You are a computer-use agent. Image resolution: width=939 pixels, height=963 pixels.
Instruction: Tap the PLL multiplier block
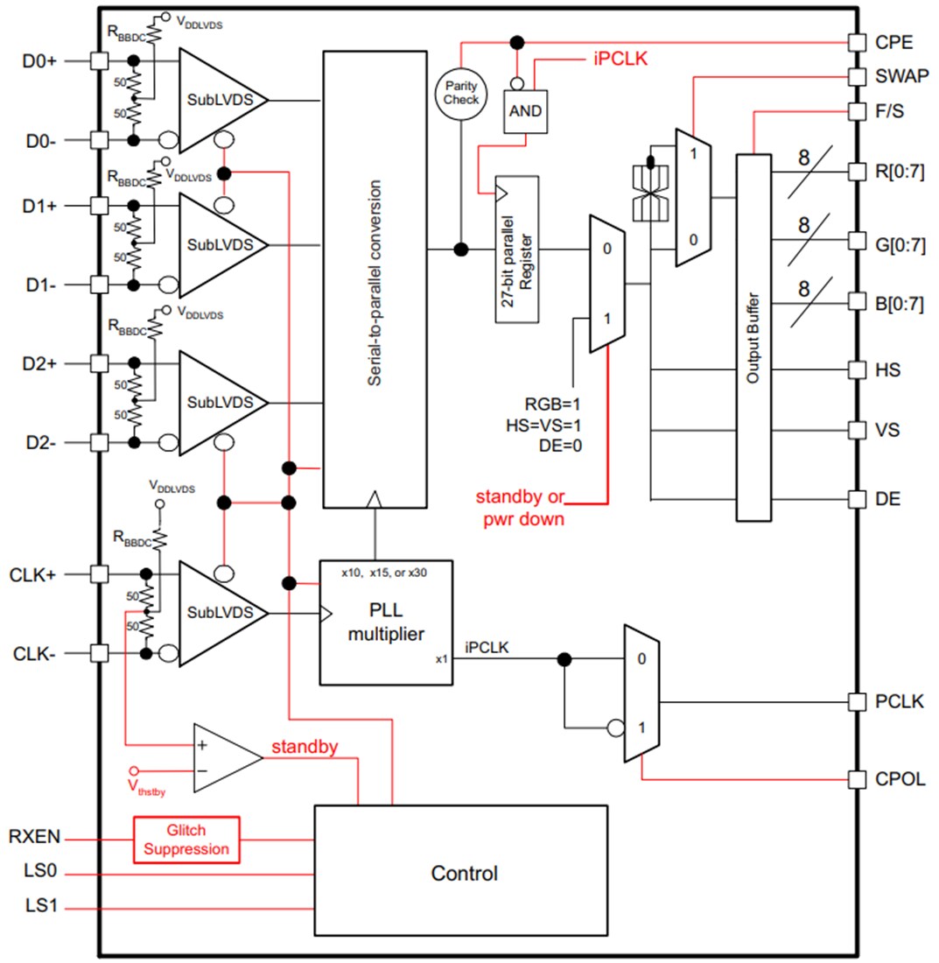click(386, 622)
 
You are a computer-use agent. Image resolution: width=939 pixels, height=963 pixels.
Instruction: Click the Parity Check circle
click(460, 92)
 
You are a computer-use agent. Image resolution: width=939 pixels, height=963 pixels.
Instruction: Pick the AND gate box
click(523, 112)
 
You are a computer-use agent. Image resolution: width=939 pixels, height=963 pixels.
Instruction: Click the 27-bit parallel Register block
click(516, 250)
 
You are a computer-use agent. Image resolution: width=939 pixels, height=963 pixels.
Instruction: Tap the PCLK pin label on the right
click(894, 702)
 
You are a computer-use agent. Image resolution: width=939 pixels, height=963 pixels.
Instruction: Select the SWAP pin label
click(896, 76)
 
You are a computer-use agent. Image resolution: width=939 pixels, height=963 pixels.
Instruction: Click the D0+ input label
click(39, 61)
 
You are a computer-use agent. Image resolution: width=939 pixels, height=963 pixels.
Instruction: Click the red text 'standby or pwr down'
click(520, 508)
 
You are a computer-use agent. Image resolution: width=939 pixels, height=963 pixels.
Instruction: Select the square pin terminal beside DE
click(857, 499)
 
